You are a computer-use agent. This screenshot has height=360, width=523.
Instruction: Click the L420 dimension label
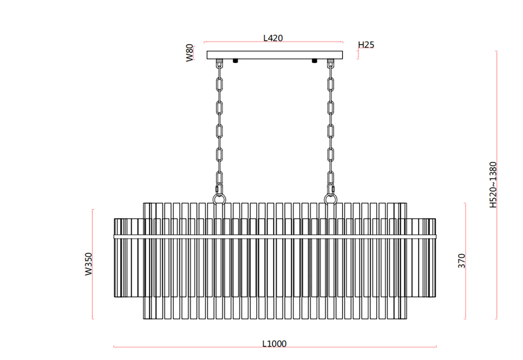(x=273, y=38)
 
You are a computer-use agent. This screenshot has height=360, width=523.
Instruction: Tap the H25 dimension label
(x=366, y=45)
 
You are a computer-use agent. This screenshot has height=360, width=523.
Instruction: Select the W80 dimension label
(x=190, y=53)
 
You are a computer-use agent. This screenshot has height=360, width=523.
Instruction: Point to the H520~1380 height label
(x=493, y=184)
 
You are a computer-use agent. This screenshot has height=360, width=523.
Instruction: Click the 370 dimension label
(x=461, y=261)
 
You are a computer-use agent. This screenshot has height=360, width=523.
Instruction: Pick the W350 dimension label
(x=88, y=264)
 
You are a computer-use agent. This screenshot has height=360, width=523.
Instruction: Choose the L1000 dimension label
(x=274, y=344)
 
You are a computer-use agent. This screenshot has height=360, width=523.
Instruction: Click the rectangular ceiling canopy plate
(x=274, y=55)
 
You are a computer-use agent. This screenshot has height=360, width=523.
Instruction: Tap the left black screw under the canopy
(x=235, y=61)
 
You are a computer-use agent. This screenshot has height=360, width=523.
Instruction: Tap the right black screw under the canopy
(x=314, y=61)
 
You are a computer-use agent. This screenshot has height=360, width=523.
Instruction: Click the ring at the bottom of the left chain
(x=219, y=199)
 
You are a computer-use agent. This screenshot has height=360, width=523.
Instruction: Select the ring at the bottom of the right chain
(x=331, y=199)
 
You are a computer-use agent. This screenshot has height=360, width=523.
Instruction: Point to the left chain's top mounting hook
(x=219, y=64)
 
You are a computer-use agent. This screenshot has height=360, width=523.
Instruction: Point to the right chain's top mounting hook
(x=331, y=64)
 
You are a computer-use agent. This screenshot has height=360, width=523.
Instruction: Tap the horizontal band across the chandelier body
(x=274, y=237)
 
